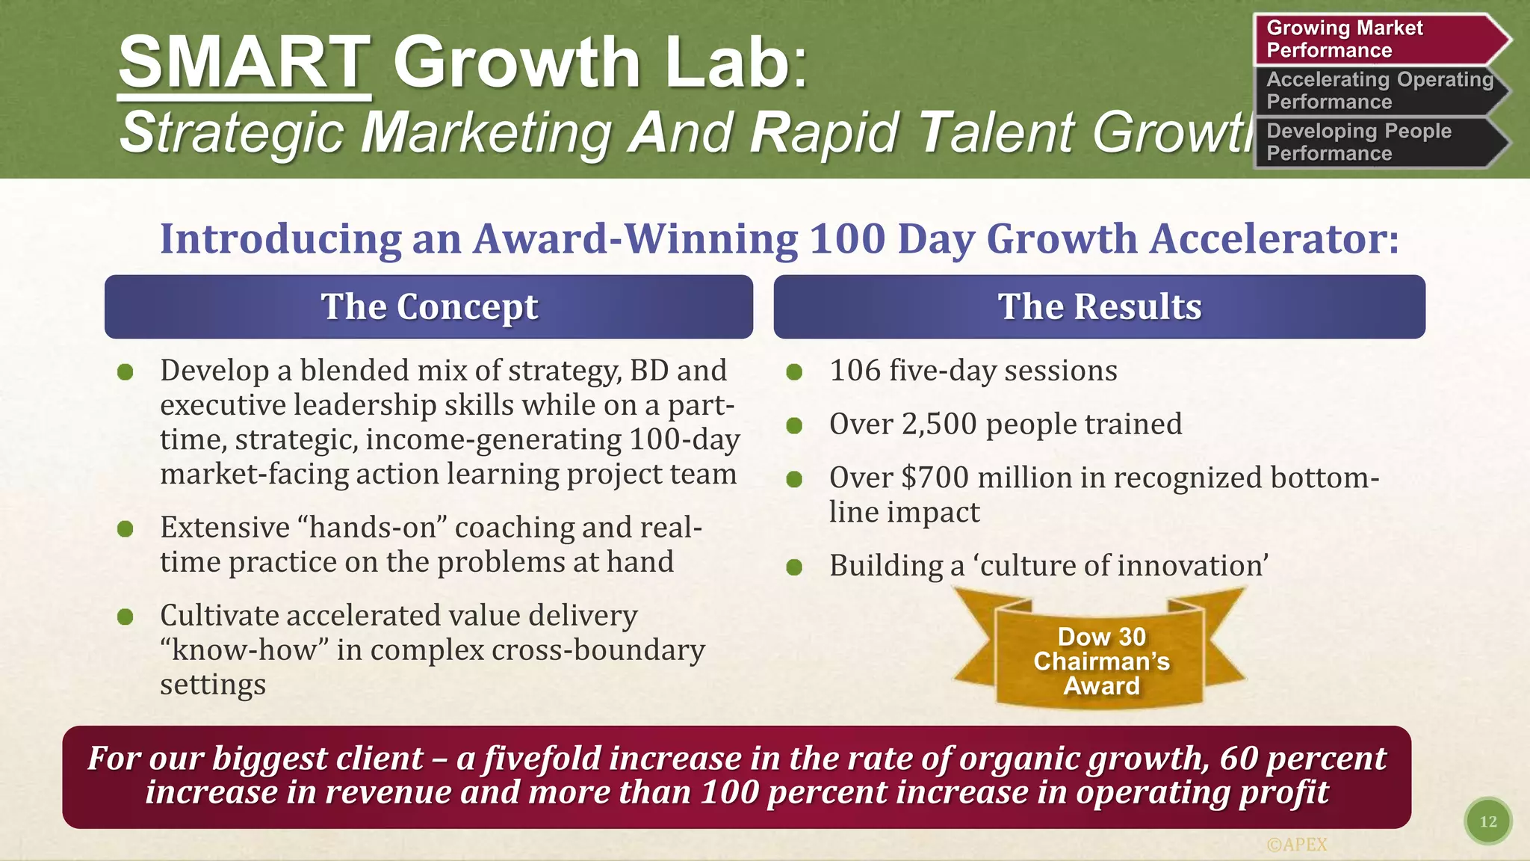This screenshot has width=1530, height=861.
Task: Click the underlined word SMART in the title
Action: click(x=244, y=63)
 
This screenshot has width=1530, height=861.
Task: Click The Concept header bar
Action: click(x=429, y=306)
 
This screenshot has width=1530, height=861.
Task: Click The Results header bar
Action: click(x=1099, y=306)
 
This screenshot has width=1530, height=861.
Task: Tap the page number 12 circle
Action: click(x=1487, y=821)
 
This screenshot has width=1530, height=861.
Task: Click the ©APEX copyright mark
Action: click(x=1297, y=845)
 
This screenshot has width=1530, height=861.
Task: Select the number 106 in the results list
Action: click(x=855, y=371)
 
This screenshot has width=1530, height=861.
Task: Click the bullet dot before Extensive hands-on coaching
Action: click(x=126, y=529)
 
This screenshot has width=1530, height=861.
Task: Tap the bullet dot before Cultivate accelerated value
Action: click(x=126, y=617)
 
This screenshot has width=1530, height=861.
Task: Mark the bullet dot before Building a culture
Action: click(x=794, y=567)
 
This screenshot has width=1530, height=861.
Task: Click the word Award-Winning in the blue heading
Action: click(x=636, y=240)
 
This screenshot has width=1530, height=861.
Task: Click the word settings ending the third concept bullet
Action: click(x=213, y=685)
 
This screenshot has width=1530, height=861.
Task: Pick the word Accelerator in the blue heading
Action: click(x=1273, y=240)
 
